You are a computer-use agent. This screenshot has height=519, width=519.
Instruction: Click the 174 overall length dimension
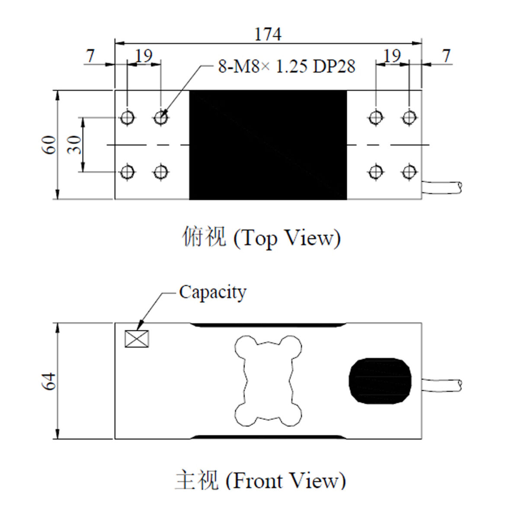click(268, 34)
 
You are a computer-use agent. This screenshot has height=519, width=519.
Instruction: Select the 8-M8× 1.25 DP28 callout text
click(287, 66)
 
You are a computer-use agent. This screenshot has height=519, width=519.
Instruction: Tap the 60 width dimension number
click(49, 145)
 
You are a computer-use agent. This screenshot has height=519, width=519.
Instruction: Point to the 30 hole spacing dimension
click(74, 145)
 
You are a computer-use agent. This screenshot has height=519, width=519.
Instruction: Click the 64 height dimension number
click(49, 381)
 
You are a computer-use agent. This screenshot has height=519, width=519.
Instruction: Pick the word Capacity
click(213, 293)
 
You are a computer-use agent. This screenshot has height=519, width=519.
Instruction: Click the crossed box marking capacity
click(137, 339)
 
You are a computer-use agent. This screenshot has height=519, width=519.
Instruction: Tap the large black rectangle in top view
click(268, 145)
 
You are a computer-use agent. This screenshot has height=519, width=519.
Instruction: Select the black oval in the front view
click(380, 381)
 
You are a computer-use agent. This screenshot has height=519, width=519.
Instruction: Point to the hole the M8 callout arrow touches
click(161, 118)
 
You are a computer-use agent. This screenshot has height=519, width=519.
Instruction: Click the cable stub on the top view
click(442, 187)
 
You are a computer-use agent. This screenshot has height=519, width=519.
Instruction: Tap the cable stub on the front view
click(442, 385)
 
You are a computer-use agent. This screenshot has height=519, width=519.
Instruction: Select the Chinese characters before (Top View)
click(204, 236)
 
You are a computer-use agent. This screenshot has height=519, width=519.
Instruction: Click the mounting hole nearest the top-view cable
click(409, 172)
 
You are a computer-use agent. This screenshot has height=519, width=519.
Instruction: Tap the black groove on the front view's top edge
click(268, 325)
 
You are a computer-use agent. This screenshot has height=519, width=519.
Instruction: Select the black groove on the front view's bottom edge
click(268, 437)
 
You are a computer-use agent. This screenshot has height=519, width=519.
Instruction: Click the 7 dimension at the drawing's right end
click(446, 56)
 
